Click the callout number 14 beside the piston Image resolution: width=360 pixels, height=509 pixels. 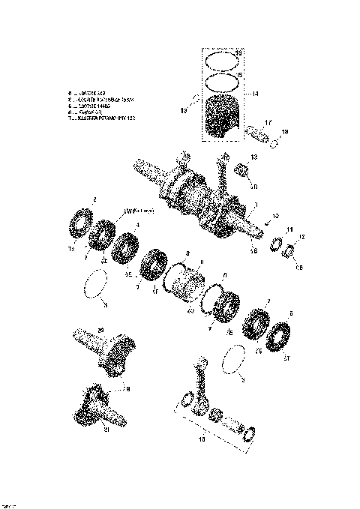click(255, 94)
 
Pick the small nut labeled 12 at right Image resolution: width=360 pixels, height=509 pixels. click(289, 250)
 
